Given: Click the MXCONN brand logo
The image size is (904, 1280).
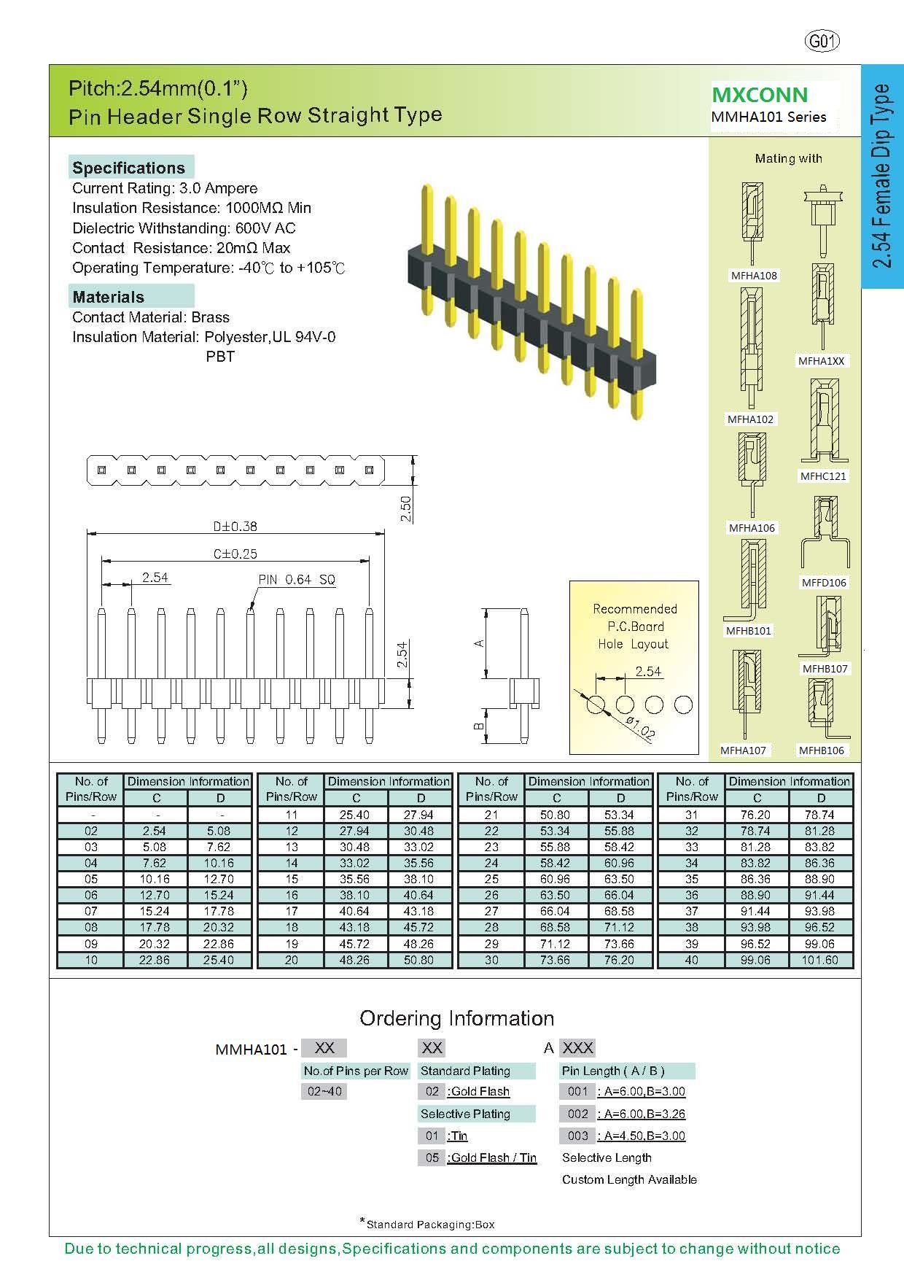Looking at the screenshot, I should [x=760, y=95].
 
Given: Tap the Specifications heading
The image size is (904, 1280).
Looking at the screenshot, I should [x=129, y=168].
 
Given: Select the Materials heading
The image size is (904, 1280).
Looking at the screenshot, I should [x=109, y=297].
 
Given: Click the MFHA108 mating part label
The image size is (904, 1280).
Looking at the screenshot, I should [x=754, y=276].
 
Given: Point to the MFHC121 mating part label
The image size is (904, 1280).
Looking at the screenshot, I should [x=823, y=476].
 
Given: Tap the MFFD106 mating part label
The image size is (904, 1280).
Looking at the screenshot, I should [x=825, y=582].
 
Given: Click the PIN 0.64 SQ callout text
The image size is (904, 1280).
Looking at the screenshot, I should [x=297, y=579].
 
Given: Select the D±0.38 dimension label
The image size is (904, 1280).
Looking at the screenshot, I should [x=235, y=526].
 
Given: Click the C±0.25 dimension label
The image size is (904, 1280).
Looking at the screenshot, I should [x=235, y=554].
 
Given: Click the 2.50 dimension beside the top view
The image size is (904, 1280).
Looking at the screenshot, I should [x=406, y=508].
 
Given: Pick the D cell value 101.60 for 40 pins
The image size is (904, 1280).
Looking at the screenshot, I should [x=820, y=960].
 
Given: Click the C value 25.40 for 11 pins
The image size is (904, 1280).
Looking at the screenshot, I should [x=355, y=815].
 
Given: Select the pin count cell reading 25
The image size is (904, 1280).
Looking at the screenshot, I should [x=491, y=879].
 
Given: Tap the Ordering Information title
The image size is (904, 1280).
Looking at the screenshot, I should [x=456, y=1018].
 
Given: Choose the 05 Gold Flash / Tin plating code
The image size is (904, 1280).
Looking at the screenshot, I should [x=432, y=1157].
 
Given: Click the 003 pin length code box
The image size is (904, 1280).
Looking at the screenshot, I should [x=577, y=1136].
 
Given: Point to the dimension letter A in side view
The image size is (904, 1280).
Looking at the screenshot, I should [x=479, y=643].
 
